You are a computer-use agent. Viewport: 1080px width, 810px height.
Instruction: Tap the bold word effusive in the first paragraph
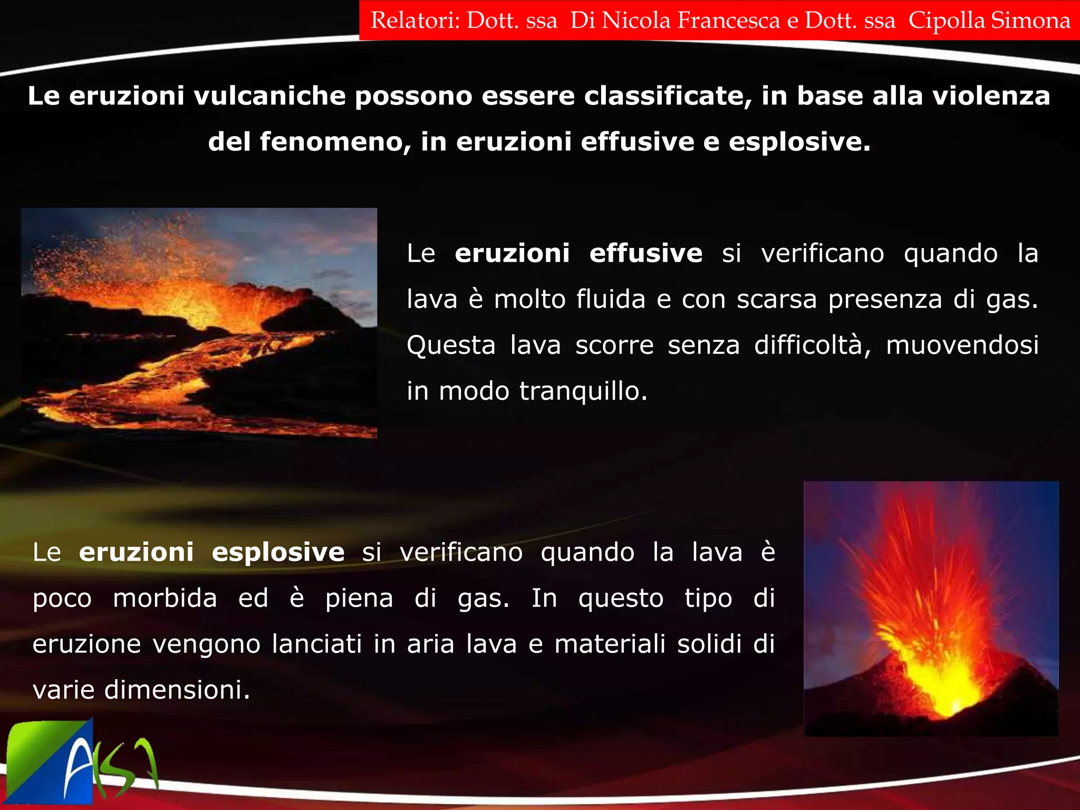646,254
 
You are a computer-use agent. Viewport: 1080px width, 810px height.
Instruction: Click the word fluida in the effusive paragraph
611,300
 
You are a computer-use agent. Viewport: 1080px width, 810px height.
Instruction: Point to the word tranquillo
583,391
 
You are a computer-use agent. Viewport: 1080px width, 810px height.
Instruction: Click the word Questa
451,345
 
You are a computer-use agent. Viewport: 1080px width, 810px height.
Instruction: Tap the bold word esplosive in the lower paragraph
278,553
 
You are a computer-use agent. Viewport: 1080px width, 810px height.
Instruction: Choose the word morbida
165,599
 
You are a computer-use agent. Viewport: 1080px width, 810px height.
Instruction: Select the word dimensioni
177,690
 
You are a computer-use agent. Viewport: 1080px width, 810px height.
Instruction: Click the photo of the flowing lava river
199,323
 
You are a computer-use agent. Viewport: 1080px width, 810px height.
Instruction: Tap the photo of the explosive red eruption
931,608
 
